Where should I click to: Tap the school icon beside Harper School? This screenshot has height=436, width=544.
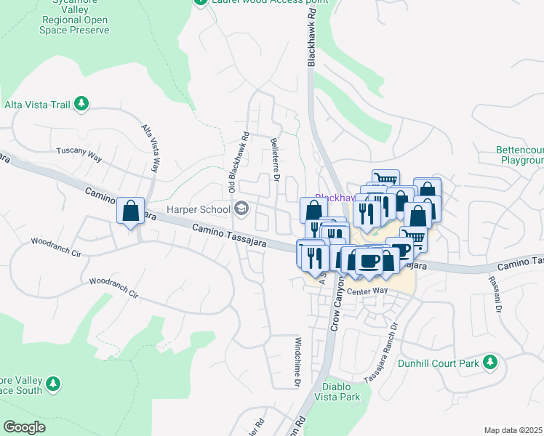(x=241, y=210)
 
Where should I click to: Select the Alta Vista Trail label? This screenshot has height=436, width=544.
(x=37, y=105)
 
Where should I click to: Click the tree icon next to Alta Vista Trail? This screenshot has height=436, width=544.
(x=82, y=105)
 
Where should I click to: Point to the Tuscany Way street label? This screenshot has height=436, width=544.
(x=81, y=153)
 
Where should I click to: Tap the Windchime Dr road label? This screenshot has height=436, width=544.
(x=297, y=360)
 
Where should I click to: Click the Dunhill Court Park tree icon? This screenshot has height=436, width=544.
(x=491, y=362)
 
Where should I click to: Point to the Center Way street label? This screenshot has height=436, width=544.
(x=367, y=291)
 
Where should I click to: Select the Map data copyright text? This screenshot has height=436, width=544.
(x=513, y=430)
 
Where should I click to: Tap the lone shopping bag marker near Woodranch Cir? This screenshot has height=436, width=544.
(x=130, y=211)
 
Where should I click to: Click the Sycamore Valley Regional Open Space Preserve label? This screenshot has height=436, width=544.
(x=71, y=20)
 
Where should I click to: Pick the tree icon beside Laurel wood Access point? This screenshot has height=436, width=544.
(x=200, y=2)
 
